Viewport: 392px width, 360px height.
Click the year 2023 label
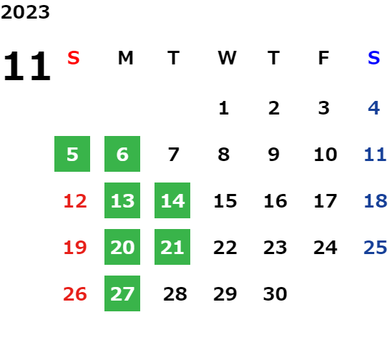25,12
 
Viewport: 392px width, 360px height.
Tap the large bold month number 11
27,66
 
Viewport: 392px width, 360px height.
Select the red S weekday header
74,58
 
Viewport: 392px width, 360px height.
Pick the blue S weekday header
373,58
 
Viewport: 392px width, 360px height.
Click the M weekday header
125,58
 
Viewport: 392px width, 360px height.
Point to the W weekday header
227,58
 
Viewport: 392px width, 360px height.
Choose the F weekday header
324,58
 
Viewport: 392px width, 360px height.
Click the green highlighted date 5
72,154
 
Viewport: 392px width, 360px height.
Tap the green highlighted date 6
122,154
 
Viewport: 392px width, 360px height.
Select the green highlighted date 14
172,200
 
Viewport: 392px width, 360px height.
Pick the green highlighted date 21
172,247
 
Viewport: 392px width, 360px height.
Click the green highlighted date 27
122,293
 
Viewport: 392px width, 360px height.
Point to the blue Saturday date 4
374,108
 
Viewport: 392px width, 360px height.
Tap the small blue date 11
375,155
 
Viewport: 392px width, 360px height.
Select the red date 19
75,248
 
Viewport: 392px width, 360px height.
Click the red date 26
75,294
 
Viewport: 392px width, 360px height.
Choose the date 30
275,294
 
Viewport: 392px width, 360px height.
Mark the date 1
224,108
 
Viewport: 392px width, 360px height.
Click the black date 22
225,248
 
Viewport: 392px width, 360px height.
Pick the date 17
325,201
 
